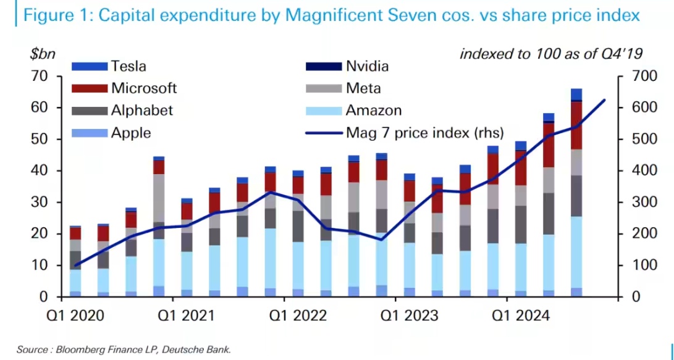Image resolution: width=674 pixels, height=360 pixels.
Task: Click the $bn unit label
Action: [43, 54]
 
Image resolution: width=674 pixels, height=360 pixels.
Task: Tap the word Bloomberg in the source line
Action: [77, 350]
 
